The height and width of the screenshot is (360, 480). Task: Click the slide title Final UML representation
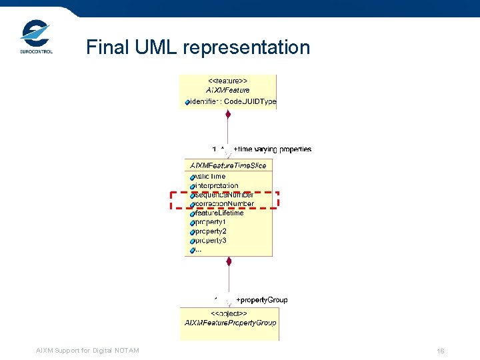(198, 47)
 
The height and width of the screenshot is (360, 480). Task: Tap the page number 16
(441, 351)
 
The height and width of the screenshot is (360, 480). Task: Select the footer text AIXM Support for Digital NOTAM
(87, 351)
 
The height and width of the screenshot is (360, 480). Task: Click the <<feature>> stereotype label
(229, 80)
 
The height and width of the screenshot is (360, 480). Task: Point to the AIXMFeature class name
(229, 90)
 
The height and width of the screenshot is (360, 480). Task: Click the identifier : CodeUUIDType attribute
(232, 101)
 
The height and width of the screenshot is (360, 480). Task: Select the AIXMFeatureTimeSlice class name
(228, 165)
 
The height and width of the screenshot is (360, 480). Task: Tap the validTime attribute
(209, 177)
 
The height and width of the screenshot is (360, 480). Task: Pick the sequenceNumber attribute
(222, 195)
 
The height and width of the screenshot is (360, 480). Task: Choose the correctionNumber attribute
(223, 203)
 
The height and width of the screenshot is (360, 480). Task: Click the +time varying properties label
(272, 149)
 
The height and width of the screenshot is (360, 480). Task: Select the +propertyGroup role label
(262, 300)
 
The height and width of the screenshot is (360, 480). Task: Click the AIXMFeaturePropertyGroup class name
(230, 323)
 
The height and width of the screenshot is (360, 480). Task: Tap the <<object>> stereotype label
(229, 313)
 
